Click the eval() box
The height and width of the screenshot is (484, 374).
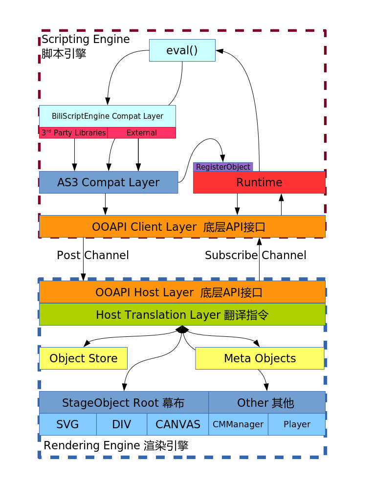(x=182, y=50)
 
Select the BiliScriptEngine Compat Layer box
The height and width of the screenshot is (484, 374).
(x=108, y=116)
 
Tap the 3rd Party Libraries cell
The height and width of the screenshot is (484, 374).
(x=73, y=133)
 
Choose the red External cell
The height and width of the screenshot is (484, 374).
(x=141, y=133)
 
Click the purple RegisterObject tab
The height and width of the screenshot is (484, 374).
(x=223, y=167)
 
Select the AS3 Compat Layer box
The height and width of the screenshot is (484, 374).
(x=108, y=182)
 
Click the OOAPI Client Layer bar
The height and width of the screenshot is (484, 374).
(x=182, y=227)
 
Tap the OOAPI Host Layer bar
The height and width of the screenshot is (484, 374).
(x=182, y=292)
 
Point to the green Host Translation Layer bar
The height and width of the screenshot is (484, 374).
(x=182, y=315)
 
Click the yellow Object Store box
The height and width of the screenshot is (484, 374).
(x=83, y=358)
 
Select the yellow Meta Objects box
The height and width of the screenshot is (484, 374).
(x=260, y=358)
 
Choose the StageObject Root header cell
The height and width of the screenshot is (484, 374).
(x=123, y=403)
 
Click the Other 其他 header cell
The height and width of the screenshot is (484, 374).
(x=266, y=403)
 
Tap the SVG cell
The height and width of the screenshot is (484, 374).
(x=67, y=424)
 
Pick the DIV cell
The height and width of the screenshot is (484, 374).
(x=122, y=424)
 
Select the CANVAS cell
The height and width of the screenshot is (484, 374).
(x=177, y=424)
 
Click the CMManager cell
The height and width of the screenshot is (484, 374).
(x=238, y=424)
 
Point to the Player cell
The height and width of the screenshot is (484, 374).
(x=297, y=424)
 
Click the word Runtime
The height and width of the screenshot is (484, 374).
(x=259, y=182)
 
